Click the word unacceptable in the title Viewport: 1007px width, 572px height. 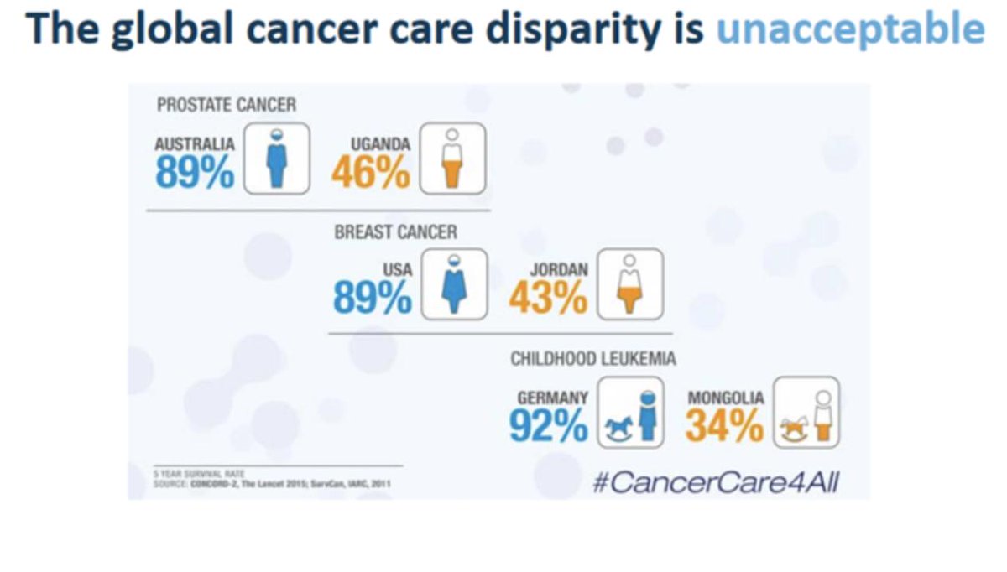pos(850,31)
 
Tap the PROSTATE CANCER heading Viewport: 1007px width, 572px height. pos(227,105)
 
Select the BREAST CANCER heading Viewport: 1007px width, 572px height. pos(396,231)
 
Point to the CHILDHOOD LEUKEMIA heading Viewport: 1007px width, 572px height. pos(593,359)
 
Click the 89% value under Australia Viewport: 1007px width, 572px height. pos(195,173)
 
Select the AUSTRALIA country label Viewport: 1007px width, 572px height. pos(195,144)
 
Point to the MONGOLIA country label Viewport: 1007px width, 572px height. pos(726,398)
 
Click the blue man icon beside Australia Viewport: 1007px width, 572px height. pos(277,158)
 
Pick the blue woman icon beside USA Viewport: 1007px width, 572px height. pos(454,284)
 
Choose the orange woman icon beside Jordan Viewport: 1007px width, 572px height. pos(629,285)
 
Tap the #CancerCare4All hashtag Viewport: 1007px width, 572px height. pos(716,483)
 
